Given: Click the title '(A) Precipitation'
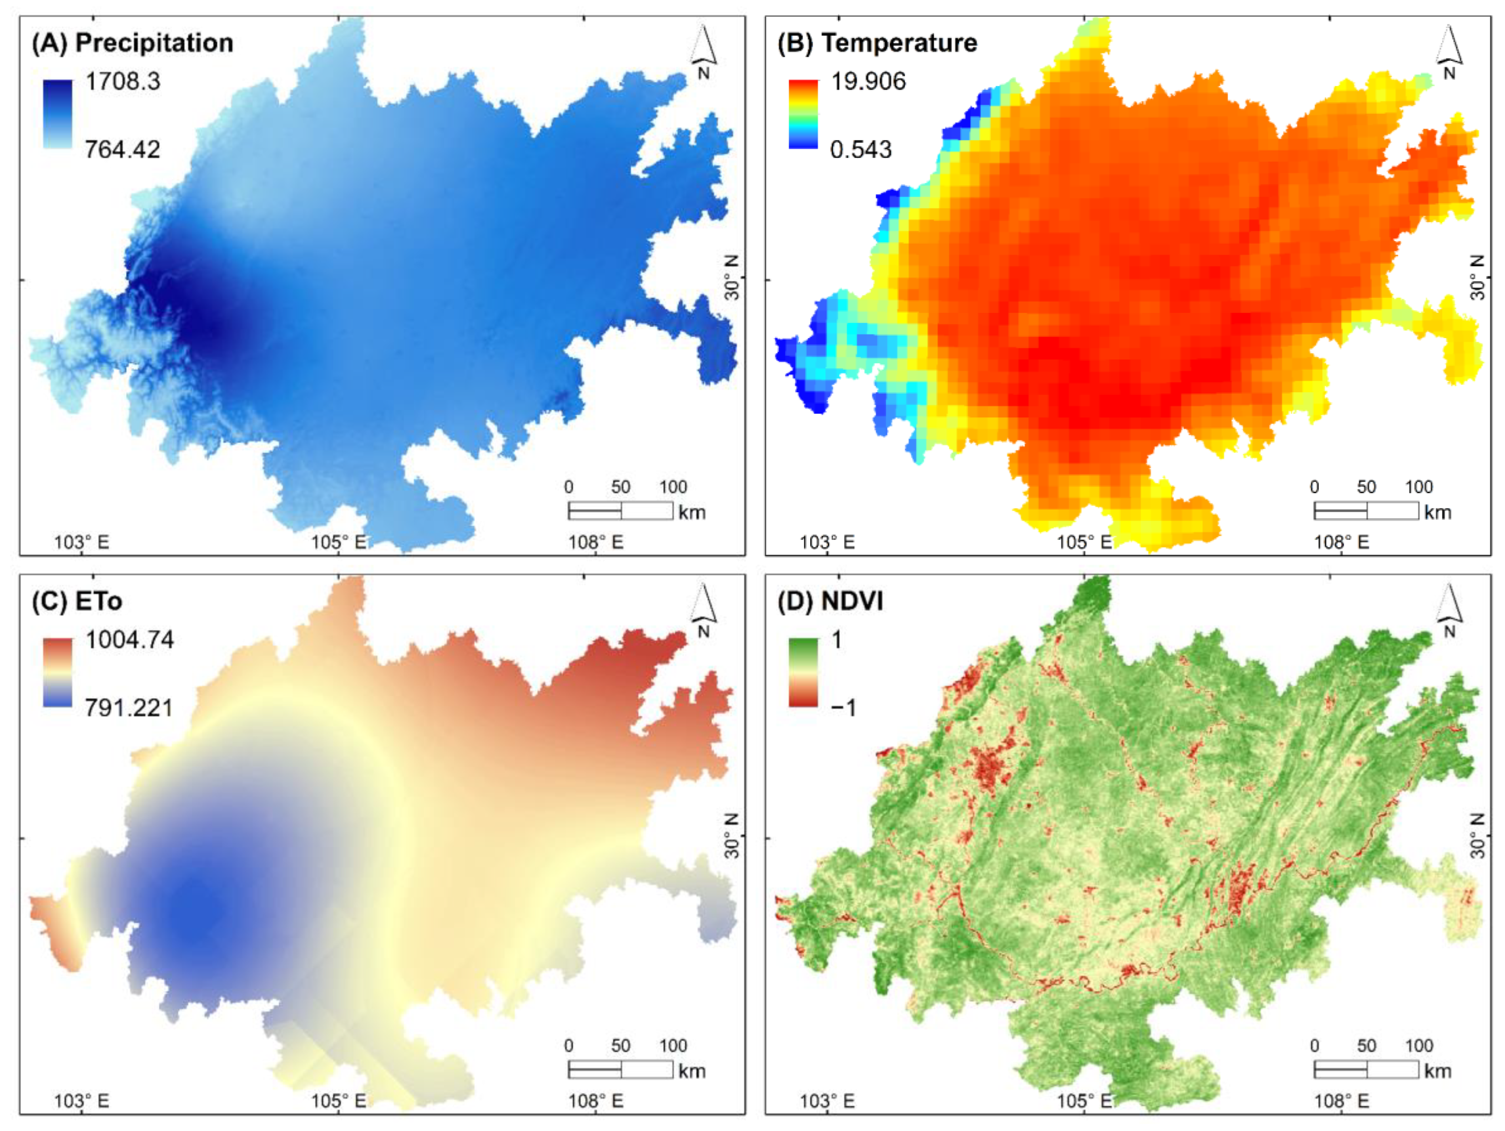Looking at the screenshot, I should tap(133, 43).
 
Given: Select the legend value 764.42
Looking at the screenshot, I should tap(122, 149).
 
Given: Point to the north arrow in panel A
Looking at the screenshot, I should tap(704, 51).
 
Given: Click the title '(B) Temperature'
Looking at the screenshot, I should tap(877, 43).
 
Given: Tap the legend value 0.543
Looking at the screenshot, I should tap(861, 149).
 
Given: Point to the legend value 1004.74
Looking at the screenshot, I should tap(129, 640).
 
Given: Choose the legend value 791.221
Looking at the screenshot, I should tap(129, 708).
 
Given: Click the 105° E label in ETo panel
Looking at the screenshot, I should tap(338, 1101).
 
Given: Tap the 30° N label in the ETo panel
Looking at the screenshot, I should tap(731, 836).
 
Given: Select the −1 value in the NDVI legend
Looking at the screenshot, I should tap(844, 708).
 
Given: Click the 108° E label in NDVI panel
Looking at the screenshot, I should tap(1341, 1101).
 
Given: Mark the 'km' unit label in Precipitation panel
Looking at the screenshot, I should tap(692, 512).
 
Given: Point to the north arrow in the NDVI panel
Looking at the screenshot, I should tap(1449, 611).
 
